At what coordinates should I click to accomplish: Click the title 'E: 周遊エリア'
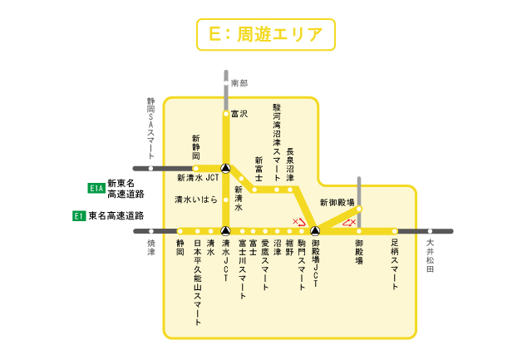point(266,34)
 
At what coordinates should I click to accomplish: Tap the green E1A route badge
point(96,189)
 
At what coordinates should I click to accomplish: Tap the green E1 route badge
point(79,216)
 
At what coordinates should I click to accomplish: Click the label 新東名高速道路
point(126,189)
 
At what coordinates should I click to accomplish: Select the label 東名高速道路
point(116,216)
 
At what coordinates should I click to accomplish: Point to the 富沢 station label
point(239,114)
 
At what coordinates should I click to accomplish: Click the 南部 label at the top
point(239,83)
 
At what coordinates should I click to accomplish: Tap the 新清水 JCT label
point(197,178)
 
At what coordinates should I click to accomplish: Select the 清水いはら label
point(195,200)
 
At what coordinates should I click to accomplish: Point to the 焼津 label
point(151,248)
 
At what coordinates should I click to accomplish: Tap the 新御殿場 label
point(337,203)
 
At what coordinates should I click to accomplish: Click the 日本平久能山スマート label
point(197,275)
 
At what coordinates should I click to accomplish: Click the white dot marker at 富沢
point(225,114)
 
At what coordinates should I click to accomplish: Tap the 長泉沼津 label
point(290,165)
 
